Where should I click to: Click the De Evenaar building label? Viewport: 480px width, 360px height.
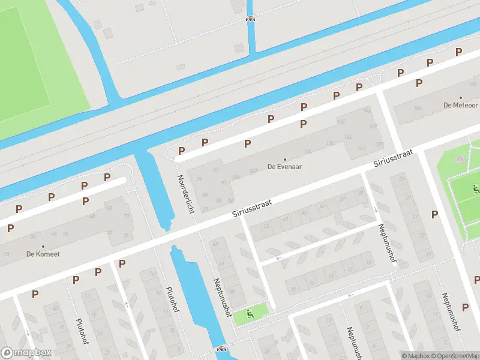[284, 167]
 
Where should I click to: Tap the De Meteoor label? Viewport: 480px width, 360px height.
[461, 105]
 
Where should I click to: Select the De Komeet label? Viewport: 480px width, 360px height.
[43, 254]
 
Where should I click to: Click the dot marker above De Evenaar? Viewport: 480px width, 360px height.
[284, 160]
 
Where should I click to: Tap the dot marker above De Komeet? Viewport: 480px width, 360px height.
[43, 247]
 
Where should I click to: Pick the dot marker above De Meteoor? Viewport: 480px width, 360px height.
[461, 97]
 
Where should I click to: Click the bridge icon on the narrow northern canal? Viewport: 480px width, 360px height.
[250, 18]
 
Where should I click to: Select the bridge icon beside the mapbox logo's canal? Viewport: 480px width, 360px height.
[221, 349]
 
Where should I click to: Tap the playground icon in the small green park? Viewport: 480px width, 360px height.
[249, 313]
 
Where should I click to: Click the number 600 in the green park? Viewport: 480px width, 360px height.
[460, 160]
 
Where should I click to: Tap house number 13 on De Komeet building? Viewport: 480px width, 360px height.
[7, 254]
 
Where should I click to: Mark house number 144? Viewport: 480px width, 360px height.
[348, 137]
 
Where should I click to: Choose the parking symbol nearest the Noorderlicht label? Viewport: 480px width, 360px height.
[181, 151]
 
